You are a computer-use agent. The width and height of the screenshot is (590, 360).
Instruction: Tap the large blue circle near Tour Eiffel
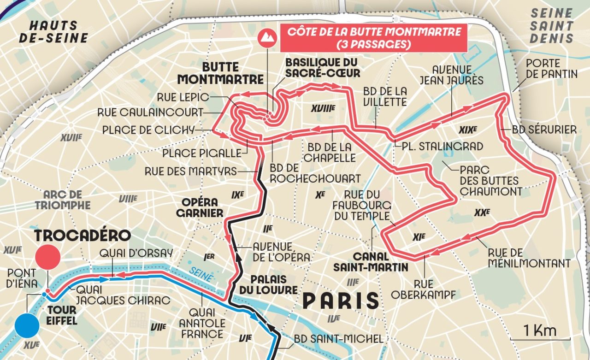[27, 326]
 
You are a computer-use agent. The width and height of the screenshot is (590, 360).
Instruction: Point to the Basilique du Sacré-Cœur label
[321, 67]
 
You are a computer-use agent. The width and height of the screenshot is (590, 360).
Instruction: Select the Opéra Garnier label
[202, 208]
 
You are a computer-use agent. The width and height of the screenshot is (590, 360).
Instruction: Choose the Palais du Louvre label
[268, 284]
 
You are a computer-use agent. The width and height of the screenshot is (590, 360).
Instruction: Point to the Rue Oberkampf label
[424, 288]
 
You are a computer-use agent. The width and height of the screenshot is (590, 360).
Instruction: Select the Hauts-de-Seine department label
[53, 32]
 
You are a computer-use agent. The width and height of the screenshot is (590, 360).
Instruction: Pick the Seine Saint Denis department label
[551, 26]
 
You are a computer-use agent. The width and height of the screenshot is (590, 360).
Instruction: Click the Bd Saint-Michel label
[338, 339]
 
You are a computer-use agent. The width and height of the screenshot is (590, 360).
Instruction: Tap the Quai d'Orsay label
[136, 253]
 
